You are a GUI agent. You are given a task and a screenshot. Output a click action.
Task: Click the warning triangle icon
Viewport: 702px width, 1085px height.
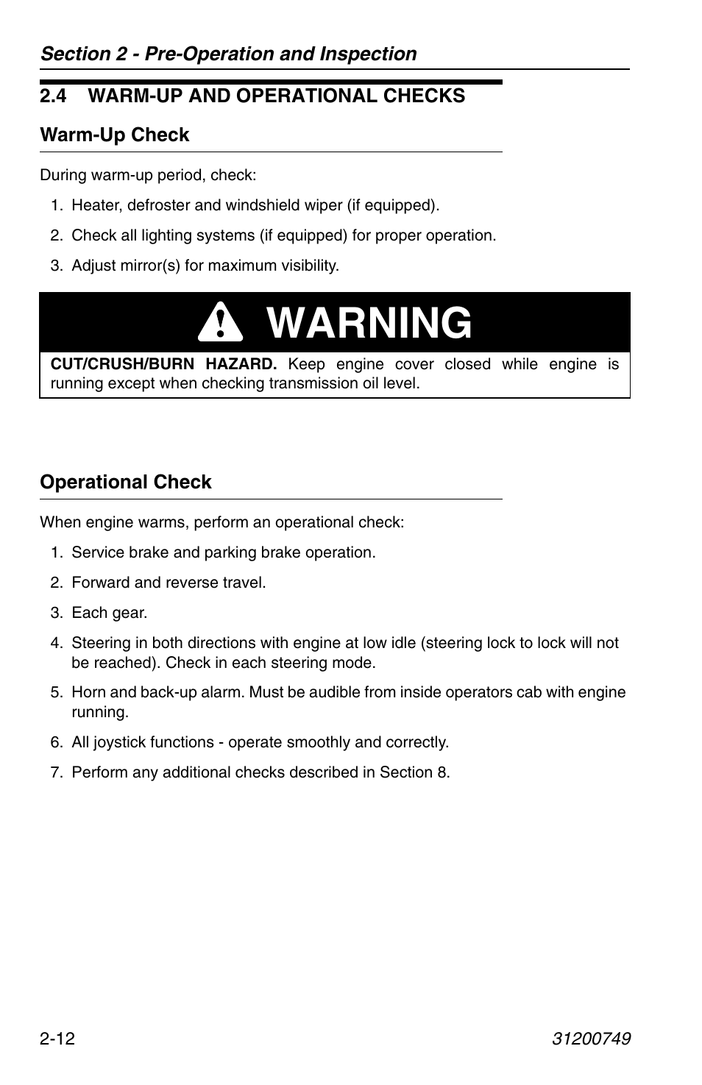[220, 324]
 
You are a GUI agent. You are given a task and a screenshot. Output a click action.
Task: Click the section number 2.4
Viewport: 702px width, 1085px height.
[54, 96]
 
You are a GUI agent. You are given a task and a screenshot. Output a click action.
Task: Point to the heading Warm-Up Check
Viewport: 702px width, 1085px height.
[114, 135]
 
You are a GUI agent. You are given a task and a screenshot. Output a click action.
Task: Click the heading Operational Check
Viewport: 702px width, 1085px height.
[125, 482]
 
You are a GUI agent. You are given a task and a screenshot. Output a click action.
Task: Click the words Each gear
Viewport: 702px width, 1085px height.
[109, 613]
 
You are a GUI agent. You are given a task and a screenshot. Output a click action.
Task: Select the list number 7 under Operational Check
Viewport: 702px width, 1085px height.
[55, 772]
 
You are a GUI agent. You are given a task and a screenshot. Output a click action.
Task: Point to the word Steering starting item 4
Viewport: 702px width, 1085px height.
[100, 643]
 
